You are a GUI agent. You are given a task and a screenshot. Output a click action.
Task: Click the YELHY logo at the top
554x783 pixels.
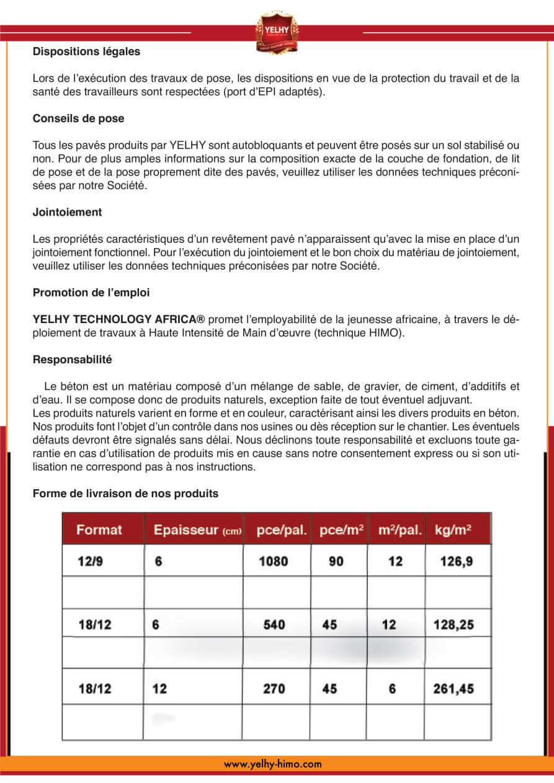[x=277, y=31]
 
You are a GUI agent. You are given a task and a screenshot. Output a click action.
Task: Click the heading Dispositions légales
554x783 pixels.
[x=86, y=52]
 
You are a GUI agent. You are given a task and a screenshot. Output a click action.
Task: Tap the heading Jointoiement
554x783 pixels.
[x=67, y=212]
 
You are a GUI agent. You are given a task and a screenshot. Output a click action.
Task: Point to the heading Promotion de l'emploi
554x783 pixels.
[x=91, y=293]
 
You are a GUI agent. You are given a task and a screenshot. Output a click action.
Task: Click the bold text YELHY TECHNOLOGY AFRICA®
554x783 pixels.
[x=118, y=319]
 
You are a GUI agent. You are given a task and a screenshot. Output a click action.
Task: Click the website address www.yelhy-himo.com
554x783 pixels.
[x=273, y=764]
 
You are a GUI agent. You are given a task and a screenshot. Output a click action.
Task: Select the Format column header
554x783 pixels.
[x=99, y=530]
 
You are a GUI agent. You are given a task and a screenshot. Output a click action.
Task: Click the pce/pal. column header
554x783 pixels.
[x=282, y=530]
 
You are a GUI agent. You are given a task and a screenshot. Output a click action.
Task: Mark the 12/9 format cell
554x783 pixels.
[x=91, y=562]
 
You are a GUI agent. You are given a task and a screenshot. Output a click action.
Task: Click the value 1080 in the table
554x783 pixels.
[x=273, y=562]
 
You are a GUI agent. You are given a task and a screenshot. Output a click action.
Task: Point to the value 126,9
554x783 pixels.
[x=457, y=562]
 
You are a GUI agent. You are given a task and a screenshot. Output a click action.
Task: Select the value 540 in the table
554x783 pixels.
[x=274, y=625]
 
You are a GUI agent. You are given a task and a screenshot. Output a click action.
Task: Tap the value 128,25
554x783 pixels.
[x=453, y=625]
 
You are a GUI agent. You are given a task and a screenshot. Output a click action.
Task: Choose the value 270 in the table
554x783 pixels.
[x=274, y=689]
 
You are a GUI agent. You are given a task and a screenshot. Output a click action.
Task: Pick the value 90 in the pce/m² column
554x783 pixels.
[x=336, y=562]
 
